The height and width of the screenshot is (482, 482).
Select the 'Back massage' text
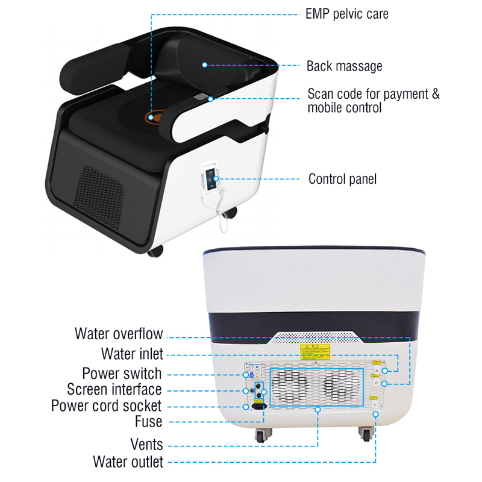(x=344, y=66)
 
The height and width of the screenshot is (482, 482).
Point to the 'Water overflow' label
(x=119, y=334)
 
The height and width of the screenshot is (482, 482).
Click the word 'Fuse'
(x=148, y=422)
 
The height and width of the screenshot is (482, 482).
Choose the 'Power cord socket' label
(x=107, y=405)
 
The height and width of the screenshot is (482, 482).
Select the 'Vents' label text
(x=146, y=445)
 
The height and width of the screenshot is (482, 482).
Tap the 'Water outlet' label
(x=128, y=462)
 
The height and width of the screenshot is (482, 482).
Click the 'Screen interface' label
(x=114, y=389)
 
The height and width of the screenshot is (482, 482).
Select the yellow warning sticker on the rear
(x=315, y=352)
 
